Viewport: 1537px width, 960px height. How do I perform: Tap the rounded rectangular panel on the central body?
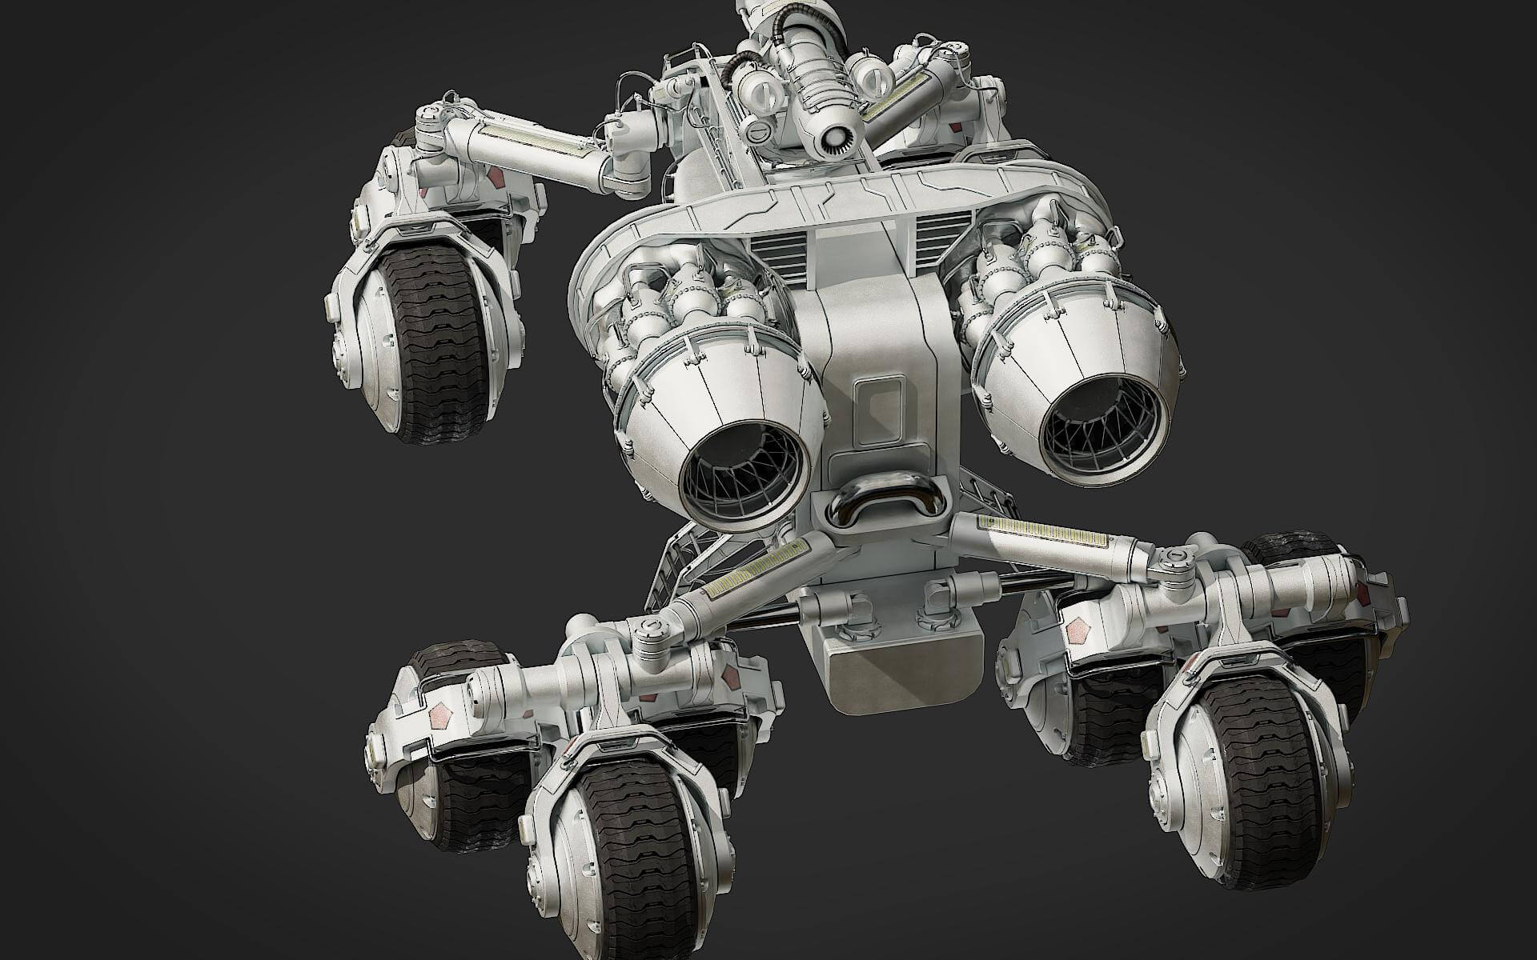(x=881, y=408)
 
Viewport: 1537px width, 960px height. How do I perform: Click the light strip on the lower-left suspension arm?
(x=756, y=568)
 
